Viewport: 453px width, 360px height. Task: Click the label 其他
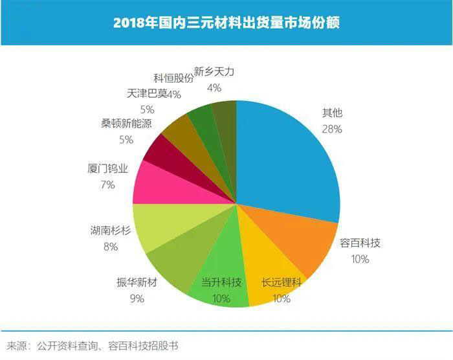click(x=332, y=113)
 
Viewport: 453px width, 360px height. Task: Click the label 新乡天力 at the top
click(x=214, y=72)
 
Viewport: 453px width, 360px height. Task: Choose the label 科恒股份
click(x=174, y=78)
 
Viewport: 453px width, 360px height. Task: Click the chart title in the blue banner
click(x=226, y=23)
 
